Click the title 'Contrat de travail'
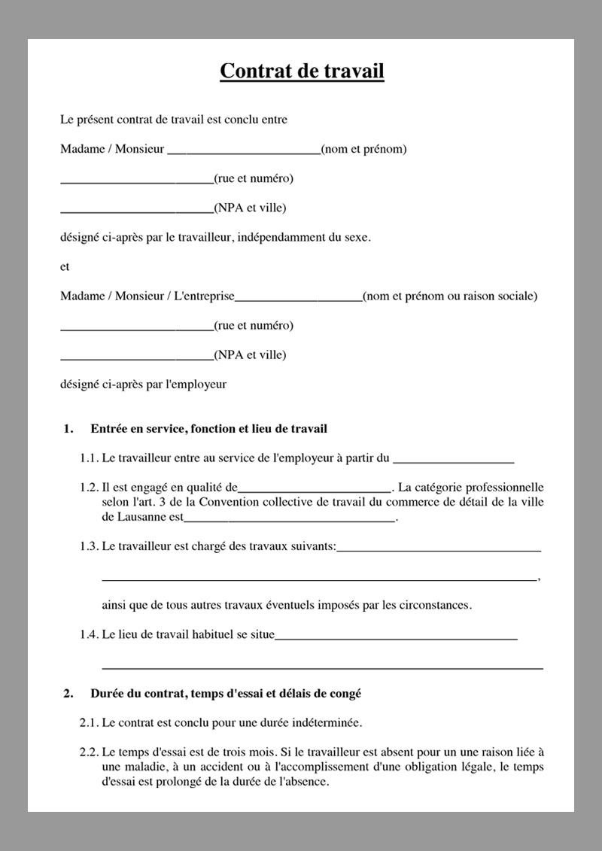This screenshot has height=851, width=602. (x=302, y=71)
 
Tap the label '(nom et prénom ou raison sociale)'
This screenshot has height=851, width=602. (x=450, y=296)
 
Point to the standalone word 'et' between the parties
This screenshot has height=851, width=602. (x=65, y=267)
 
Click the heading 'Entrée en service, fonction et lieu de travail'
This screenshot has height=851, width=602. (x=208, y=430)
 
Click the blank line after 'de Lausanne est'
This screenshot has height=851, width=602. (x=290, y=520)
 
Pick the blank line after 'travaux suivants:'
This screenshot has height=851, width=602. (x=439, y=550)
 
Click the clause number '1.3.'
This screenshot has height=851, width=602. (x=89, y=547)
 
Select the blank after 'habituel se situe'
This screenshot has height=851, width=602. (x=397, y=638)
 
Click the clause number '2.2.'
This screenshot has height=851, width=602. (x=89, y=752)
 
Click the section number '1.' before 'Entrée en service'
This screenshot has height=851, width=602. (x=68, y=430)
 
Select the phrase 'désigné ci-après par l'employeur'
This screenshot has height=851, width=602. (x=143, y=384)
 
